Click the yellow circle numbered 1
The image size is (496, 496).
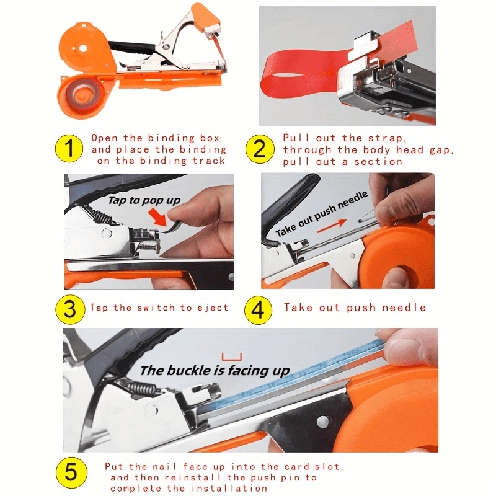click(69, 149)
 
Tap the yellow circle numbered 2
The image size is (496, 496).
click(260, 149)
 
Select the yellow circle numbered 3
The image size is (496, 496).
click(70, 309)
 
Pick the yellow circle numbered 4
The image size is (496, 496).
click(259, 309)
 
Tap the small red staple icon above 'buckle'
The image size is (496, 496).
click(232, 357)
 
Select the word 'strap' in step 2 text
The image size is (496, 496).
click(386, 138)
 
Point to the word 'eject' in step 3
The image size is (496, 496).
click(213, 308)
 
